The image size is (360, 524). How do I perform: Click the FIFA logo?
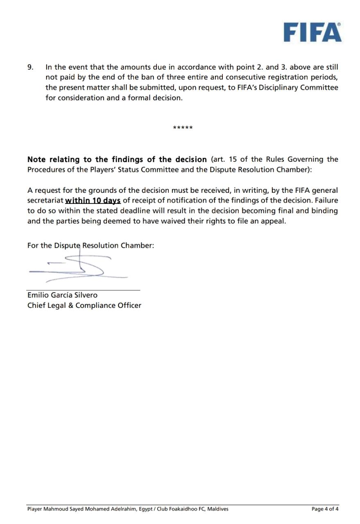coord(312,32)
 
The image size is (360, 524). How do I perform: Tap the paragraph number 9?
coord(30,67)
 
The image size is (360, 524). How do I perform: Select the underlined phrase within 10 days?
coord(93,201)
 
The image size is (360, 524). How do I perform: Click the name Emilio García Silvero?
coord(62,295)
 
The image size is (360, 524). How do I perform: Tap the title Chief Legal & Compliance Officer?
coord(84,305)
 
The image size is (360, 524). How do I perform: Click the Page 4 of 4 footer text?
coord(325,509)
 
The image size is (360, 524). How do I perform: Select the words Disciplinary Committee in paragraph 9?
coord(299,88)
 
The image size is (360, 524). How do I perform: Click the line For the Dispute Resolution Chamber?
coord(91,246)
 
